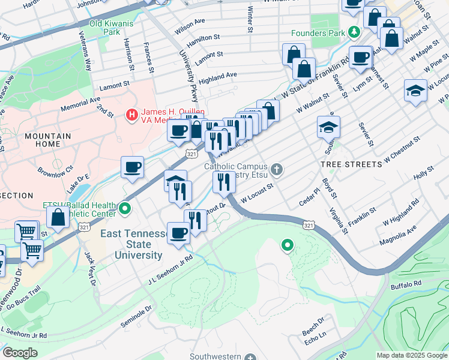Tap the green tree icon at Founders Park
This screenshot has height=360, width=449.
pos(354,32)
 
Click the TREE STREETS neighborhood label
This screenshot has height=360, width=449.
pos(351,164)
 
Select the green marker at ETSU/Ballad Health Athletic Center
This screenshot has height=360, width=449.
pos(125,209)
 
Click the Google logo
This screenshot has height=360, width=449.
pos(20,353)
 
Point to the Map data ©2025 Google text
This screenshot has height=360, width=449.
pos(411,355)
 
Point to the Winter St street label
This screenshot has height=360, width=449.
pos(249,19)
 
